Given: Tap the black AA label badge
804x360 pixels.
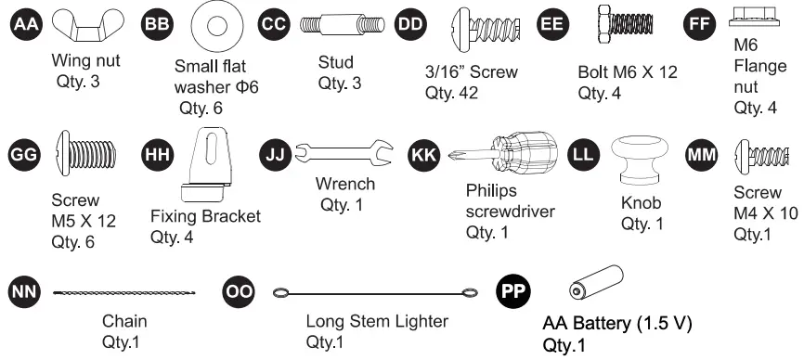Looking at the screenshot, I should coord(24,24).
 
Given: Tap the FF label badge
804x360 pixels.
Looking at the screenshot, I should coord(697,24).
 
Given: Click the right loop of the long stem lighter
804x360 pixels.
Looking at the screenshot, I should coord(469,293).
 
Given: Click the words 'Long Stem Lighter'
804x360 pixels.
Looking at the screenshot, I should coord(377,322).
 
